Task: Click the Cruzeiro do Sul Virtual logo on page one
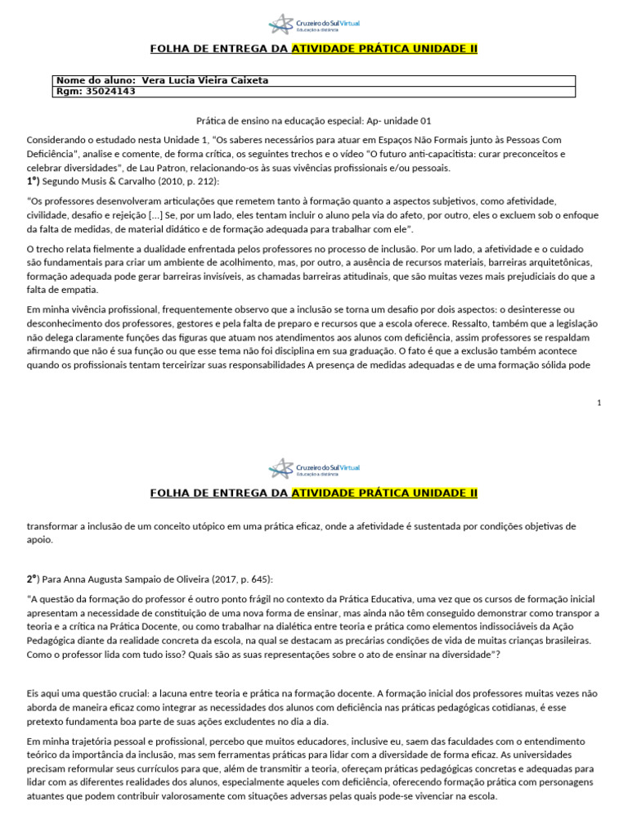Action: click(314, 24)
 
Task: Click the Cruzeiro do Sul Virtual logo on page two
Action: click(314, 468)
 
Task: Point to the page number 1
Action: click(599, 403)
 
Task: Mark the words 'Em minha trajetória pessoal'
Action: click(90, 741)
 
